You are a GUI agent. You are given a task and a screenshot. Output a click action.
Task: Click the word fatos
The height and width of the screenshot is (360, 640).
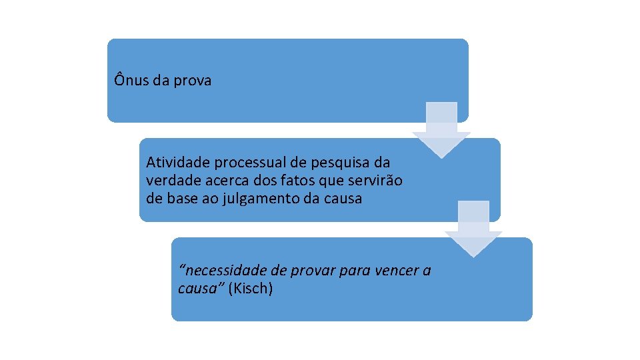click(x=289, y=181)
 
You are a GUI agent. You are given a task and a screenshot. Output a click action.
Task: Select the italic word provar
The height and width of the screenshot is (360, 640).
click(x=315, y=271)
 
